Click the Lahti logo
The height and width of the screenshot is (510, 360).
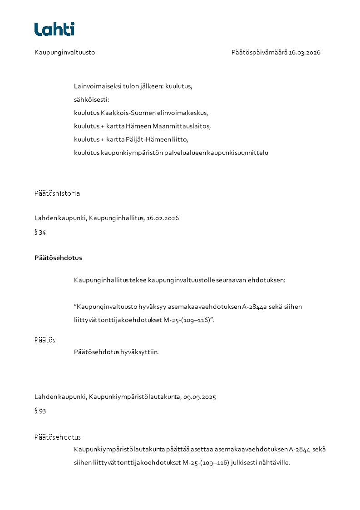pyautogui.click(x=54, y=29)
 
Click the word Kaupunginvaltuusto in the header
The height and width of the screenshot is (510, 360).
pyautogui.click(x=64, y=52)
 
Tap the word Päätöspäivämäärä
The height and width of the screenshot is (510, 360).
pyautogui.click(x=259, y=52)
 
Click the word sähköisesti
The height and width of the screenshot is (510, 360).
pyautogui.click(x=91, y=99)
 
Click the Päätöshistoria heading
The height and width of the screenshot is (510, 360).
pyautogui.click(x=57, y=193)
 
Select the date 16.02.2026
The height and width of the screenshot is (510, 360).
pyautogui.click(x=163, y=218)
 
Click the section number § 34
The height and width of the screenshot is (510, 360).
pyautogui.click(x=40, y=233)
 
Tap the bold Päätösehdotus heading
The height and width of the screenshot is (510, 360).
pyautogui.click(x=58, y=257)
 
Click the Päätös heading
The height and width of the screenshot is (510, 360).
pyautogui.click(x=45, y=340)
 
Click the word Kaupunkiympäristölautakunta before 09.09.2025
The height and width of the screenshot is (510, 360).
pyautogui.click(x=134, y=397)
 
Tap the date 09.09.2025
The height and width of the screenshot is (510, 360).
pyautogui.click(x=199, y=397)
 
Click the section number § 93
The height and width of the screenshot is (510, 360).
pyautogui.click(x=40, y=411)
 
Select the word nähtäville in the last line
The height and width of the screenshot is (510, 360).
pyautogui.click(x=275, y=463)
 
